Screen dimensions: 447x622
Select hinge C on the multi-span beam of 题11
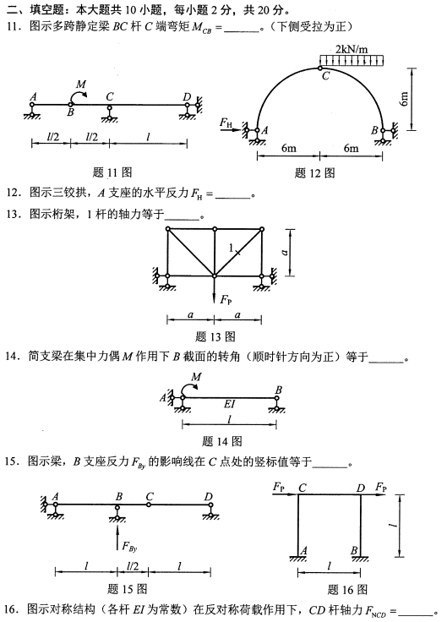point(110,105)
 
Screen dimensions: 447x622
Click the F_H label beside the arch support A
point(226,123)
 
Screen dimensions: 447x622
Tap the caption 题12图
point(317,173)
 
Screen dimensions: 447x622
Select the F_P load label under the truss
point(226,298)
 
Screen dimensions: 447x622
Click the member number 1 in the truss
point(230,248)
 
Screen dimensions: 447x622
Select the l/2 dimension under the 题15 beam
point(132,565)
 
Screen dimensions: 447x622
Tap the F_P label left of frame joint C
point(280,487)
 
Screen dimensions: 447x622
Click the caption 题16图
point(348,588)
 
